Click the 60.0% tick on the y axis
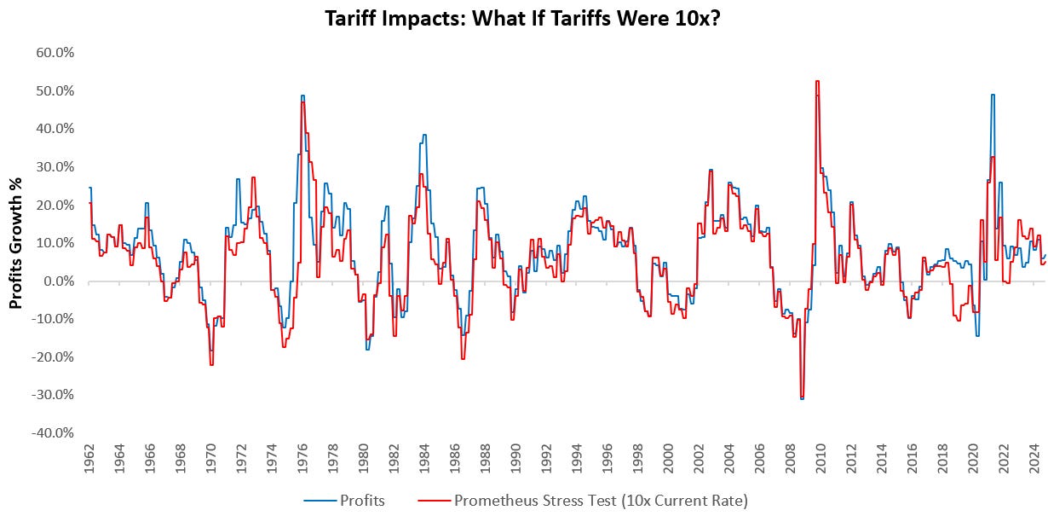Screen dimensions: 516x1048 [x=55, y=52]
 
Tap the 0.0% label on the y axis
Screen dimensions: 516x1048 [x=59, y=281]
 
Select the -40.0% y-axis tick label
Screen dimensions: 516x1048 [x=53, y=433]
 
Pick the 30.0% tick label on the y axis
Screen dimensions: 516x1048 [x=55, y=166]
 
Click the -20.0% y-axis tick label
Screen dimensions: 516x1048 [x=53, y=357]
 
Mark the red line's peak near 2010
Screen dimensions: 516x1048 [x=817, y=81]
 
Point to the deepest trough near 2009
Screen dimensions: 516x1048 [x=802, y=398]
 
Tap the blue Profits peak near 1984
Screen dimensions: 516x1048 [x=423, y=135]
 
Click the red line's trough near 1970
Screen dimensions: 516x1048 [x=211, y=365]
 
